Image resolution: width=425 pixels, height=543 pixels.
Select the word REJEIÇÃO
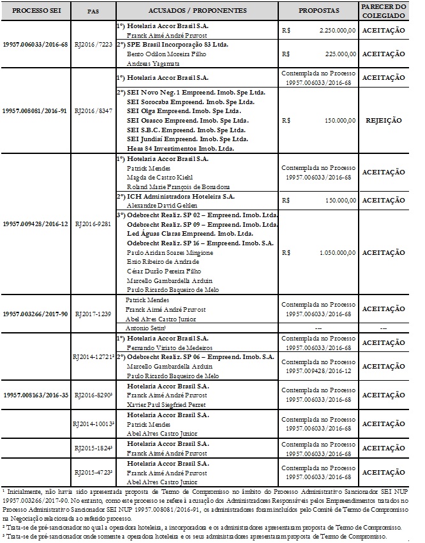[x=383, y=119]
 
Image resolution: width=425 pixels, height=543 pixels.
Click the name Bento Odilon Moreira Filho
[x=160, y=55]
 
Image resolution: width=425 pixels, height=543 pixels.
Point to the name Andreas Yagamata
[x=151, y=64]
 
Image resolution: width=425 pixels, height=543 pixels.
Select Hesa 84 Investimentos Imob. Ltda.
[x=180, y=148]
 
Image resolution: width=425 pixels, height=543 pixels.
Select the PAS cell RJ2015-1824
[x=93, y=448]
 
